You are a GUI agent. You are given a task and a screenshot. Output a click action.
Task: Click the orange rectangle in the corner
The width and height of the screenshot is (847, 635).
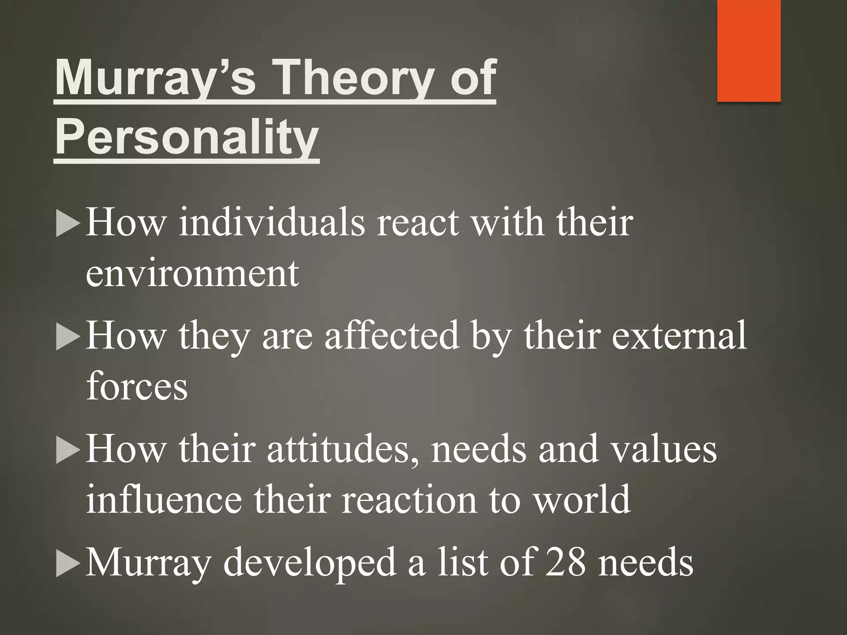[749, 50]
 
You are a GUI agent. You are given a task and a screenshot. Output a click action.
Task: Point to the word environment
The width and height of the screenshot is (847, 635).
[192, 274]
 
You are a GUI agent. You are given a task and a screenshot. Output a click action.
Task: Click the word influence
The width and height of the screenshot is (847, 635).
[164, 500]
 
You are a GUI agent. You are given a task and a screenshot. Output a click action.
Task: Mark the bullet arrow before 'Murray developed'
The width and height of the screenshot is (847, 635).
[67, 565]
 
